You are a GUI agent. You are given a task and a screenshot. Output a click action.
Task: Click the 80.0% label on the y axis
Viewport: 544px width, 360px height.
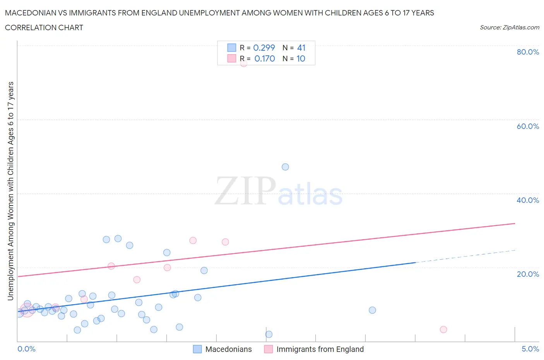[x=527, y=52]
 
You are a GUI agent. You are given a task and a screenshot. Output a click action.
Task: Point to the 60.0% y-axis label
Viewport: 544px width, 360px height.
[x=527, y=126]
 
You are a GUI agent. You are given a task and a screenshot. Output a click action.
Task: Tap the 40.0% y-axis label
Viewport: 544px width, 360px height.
[x=527, y=200]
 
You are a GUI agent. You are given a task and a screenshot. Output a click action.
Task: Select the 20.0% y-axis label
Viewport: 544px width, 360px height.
[x=527, y=274]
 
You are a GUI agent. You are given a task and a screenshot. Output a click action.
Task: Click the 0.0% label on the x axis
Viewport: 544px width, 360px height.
[x=26, y=349]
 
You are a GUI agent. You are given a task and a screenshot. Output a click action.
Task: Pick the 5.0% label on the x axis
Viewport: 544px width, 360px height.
[x=530, y=349]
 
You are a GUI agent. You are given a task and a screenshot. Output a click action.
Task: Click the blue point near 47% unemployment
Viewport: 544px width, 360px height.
[x=285, y=167]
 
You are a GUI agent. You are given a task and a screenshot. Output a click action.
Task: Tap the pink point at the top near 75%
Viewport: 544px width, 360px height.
[x=243, y=63]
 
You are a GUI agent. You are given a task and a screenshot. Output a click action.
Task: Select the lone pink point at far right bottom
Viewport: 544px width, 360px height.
[x=443, y=329]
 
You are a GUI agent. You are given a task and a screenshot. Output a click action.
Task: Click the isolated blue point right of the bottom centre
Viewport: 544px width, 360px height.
[x=372, y=310]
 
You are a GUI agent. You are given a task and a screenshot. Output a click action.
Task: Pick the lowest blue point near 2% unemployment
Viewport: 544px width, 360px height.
[x=269, y=334]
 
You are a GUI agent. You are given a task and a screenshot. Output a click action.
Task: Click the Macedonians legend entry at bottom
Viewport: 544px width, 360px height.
[x=228, y=349]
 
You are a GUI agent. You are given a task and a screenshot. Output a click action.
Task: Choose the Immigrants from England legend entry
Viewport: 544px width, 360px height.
[x=320, y=349]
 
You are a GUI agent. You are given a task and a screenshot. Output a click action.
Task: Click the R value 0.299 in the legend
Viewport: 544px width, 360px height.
[x=264, y=48]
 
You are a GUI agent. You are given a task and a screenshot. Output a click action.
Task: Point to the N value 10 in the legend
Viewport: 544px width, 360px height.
[x=301, y=58]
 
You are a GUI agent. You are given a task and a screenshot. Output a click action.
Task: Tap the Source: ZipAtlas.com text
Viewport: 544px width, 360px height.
[x=509, y=27]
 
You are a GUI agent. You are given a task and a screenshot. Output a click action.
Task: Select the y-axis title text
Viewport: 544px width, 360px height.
[x=10, y=191]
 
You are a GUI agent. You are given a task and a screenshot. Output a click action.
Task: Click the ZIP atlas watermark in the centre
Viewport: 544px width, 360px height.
[x=279, y=191]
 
